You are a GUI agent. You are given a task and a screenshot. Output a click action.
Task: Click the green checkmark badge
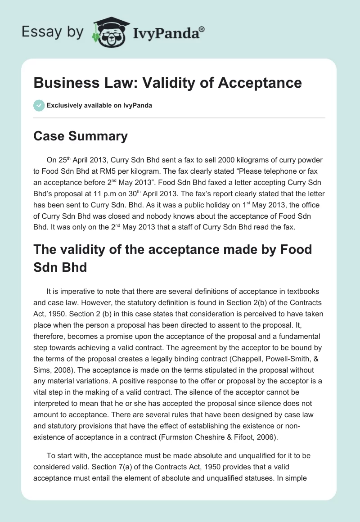pyautogui.click(x=39, y=105)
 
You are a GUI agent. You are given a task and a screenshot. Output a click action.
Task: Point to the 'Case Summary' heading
pyautogui.click(x=81, y=136)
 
